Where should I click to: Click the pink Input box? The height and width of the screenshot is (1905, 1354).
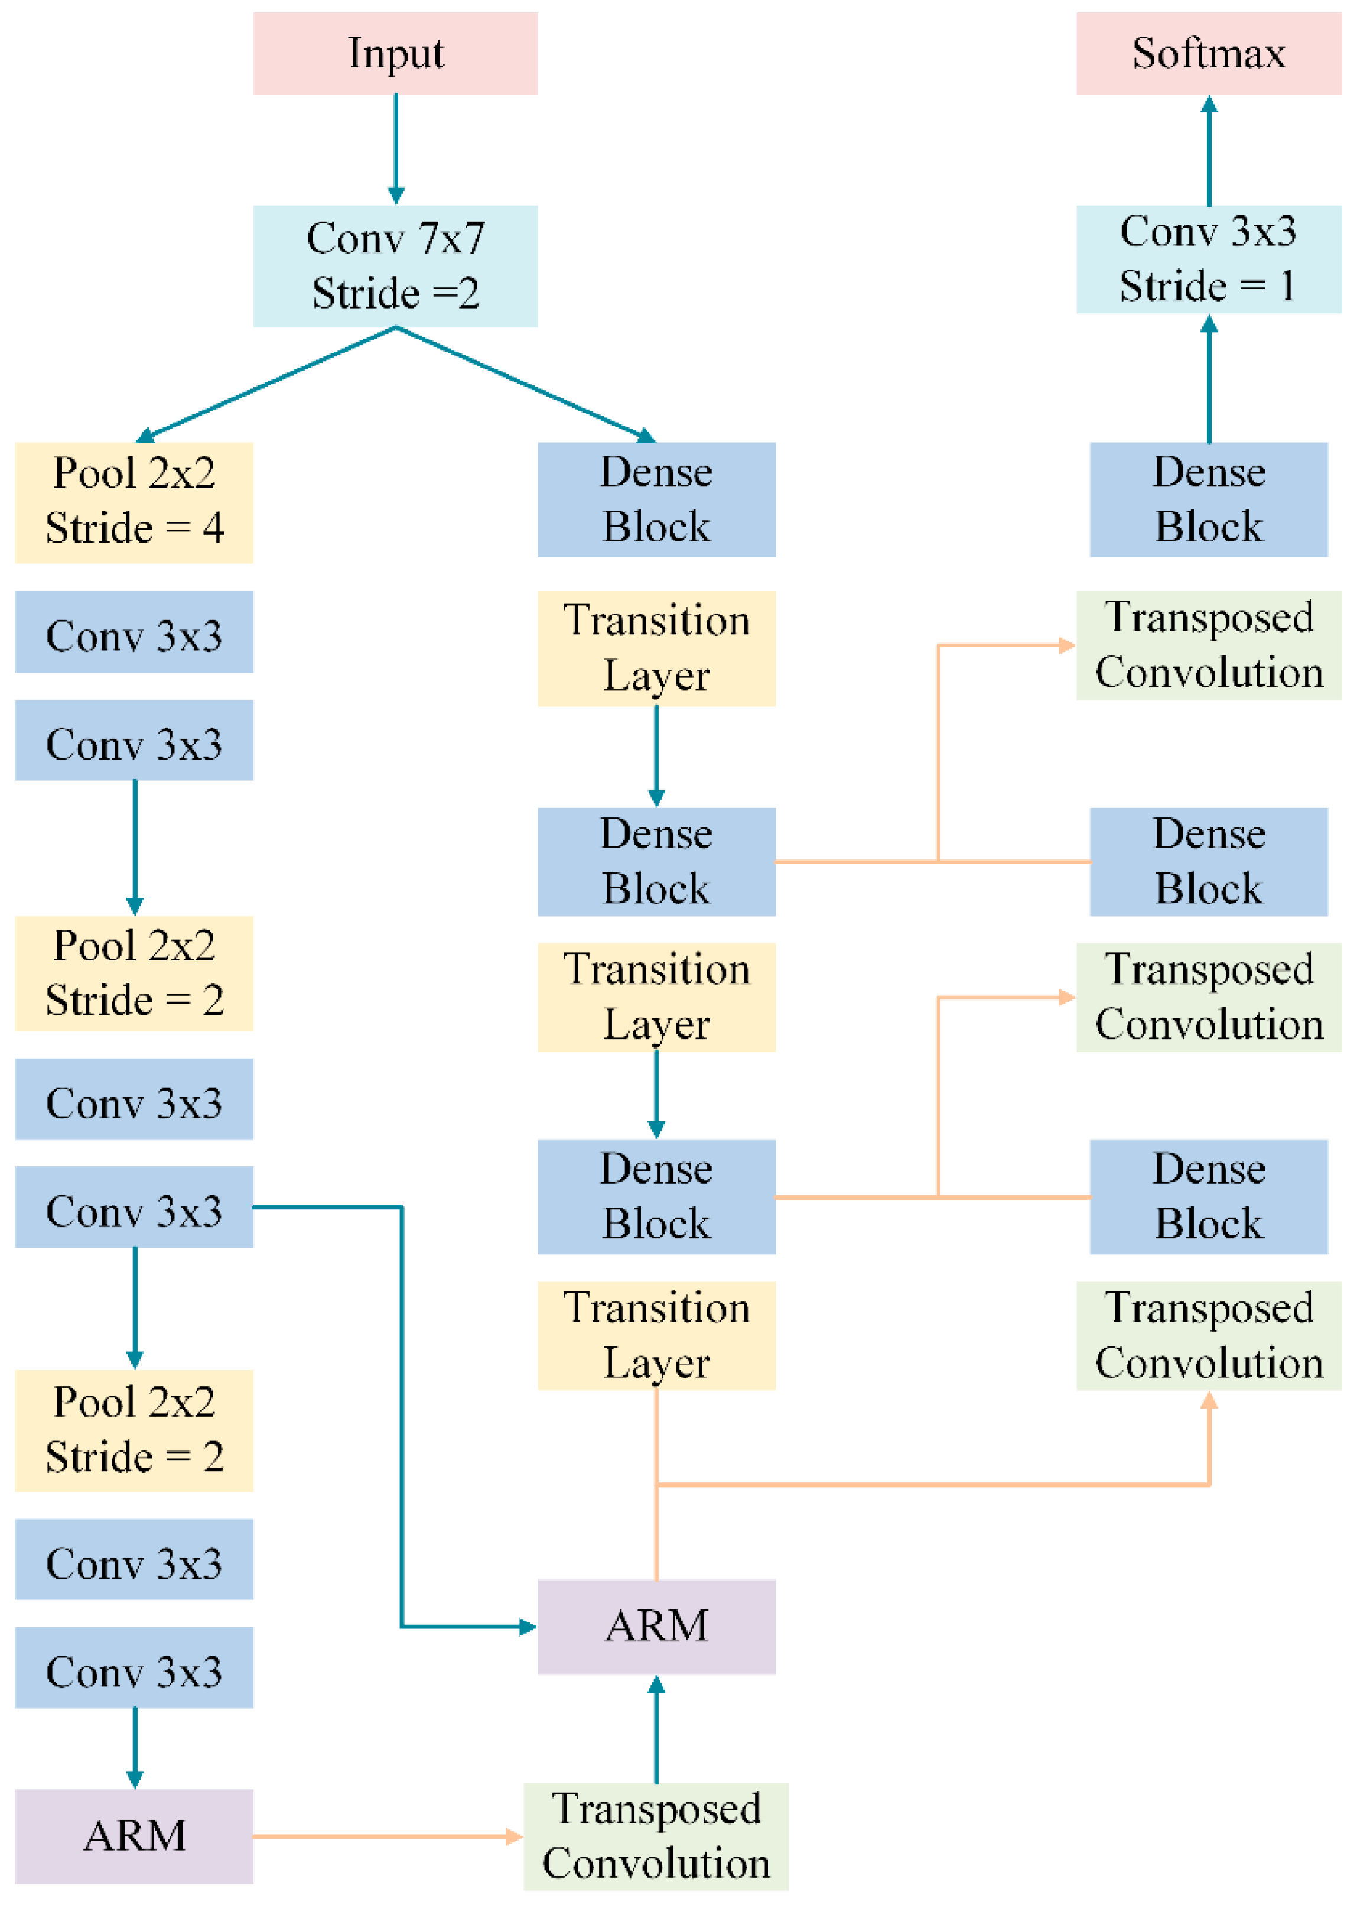coord(395,53)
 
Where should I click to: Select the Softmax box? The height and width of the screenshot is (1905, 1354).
coord(1208,53)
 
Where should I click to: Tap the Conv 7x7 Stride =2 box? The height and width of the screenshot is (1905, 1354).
coord(395,266)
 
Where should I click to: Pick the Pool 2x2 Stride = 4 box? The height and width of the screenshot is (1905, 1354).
coord(134,502)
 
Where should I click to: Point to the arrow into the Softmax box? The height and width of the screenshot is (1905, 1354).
coord(1209,150)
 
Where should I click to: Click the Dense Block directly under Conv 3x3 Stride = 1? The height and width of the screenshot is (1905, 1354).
coord(1208,499)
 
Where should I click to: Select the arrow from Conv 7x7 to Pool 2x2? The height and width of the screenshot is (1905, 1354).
coord(267,384)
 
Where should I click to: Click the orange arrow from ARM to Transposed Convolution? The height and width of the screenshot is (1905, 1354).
coord(388,1836)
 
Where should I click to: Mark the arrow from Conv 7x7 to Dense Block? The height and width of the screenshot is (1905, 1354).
coord(525,384)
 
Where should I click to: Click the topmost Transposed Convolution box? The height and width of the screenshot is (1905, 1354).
coord(1208,645)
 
